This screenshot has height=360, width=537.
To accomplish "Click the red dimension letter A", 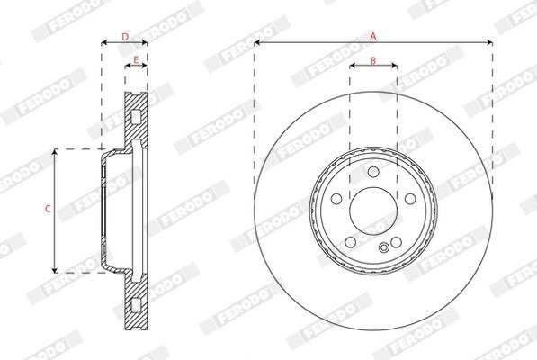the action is tap(373, 36).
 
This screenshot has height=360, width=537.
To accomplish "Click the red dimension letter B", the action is tap(373, 60).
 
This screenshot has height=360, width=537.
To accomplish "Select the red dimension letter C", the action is tap(48, 208).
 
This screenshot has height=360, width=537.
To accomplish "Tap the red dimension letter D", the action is tap(125, 37).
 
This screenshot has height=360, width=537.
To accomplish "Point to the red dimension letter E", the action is tap(136, 60).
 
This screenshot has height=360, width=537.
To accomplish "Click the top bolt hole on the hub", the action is tap(373, 172).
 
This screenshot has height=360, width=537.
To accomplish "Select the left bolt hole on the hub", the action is tap(336, 199).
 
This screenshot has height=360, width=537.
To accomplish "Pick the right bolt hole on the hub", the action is tap(410, 199).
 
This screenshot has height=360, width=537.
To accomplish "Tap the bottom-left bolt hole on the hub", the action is tap(351, 242).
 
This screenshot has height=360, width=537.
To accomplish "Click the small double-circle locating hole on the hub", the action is tap(384, 247).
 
